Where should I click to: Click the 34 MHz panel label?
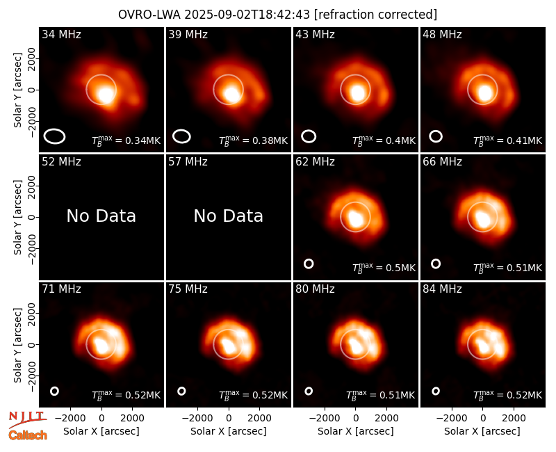(61, 34)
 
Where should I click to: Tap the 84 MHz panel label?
(442, 289)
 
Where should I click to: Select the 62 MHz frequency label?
(316, 162)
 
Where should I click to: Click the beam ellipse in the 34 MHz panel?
(54, 136)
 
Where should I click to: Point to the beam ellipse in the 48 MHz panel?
(436, 136)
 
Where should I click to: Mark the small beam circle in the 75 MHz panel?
(181, 391)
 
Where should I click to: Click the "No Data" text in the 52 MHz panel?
(101, 216)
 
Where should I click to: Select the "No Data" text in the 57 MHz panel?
(229, 216)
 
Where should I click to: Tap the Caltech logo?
(28, 435)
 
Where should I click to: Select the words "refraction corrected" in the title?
(375, 15)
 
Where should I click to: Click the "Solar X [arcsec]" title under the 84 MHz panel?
(482, 431)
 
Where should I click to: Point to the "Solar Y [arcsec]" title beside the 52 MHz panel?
(18, 217)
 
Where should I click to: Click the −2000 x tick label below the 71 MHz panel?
(70, 419)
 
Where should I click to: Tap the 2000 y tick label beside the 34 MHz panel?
(32, 58)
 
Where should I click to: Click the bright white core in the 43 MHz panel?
(357, 93)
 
